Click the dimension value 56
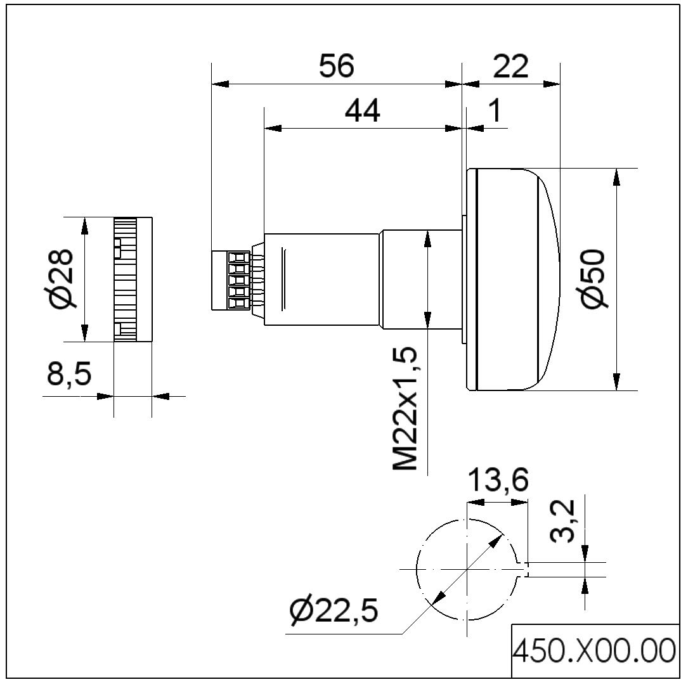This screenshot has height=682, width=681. coord(336,66)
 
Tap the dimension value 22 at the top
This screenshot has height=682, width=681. coord(510,66)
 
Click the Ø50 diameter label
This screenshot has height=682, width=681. coord(592,280)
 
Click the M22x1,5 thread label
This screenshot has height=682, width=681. coord(406,409)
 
